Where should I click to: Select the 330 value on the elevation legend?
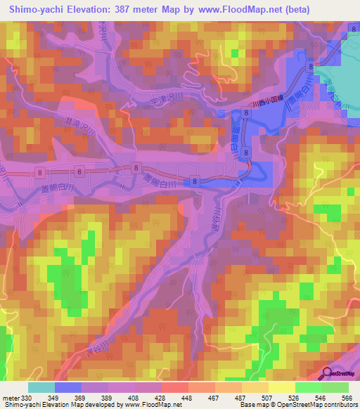[x=25, y=397]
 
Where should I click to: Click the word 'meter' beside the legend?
[x=9, y=397]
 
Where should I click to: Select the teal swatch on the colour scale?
[x=41, y=387]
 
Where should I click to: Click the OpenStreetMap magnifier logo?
[x=328, y=373]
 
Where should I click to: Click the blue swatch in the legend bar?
[x=67, y=387]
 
